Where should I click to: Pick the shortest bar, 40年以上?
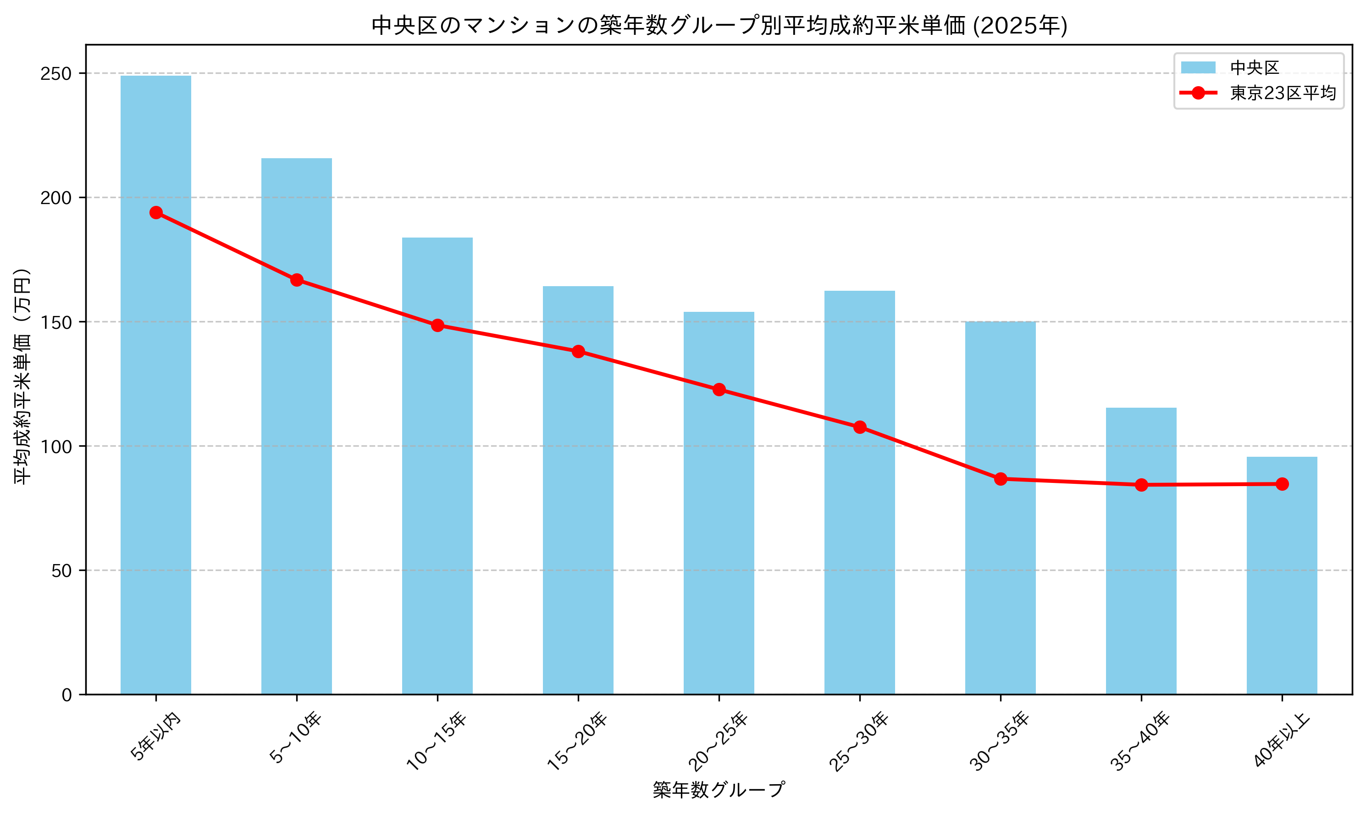click(1282, 576)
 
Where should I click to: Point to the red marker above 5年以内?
click(156, 212)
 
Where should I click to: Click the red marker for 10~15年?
click(437, 325)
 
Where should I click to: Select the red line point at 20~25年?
click(719, 389)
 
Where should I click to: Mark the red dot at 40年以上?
click(1282, 484)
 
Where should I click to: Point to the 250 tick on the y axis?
click(56, 73)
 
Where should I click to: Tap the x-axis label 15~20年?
click(577, 741)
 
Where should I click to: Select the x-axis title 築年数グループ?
click(719, 790)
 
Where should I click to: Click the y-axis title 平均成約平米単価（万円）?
click(22, 377)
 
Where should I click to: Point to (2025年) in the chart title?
click(1019, 26)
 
